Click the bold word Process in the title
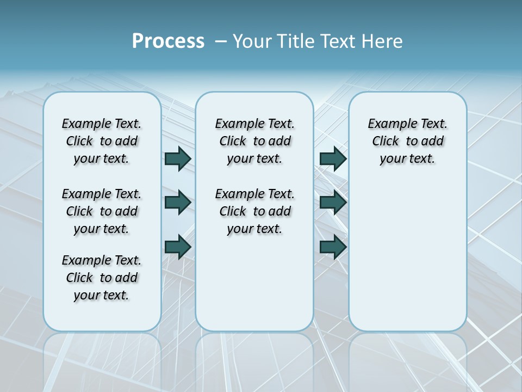(168, 41)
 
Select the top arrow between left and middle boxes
(178, 158)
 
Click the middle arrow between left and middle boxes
(178, 203)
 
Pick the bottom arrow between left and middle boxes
(178, 247)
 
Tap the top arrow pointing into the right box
(333, 158)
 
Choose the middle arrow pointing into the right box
(333, 203)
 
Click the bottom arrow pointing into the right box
(333, 247)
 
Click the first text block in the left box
(102, 141)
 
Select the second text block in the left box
(102, 211)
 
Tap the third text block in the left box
(102, 278)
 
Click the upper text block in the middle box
(254, 141)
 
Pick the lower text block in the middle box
(254, 211)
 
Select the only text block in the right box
(407, 141)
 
